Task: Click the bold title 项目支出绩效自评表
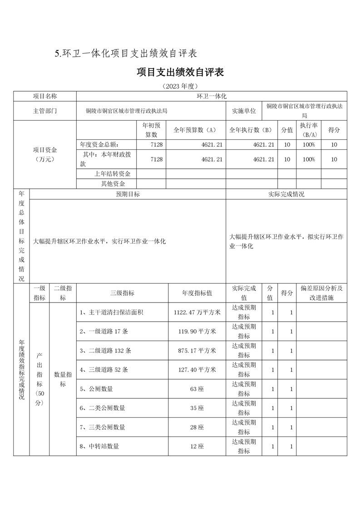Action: pos(180,73)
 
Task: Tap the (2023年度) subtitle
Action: pos(180,86)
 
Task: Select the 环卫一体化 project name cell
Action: pos(211,96)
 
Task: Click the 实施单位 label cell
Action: pos(244,111)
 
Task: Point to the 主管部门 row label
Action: pos(45,111)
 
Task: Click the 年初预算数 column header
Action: pos(151,130)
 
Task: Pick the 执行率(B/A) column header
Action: pos(309,130)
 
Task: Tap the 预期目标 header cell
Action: pos(128,194)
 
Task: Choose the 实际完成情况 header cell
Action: pos(286,194)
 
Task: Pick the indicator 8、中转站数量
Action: pos(99,446)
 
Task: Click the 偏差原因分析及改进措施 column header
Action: pos(321,293)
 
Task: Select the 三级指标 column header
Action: pos(122,293)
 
